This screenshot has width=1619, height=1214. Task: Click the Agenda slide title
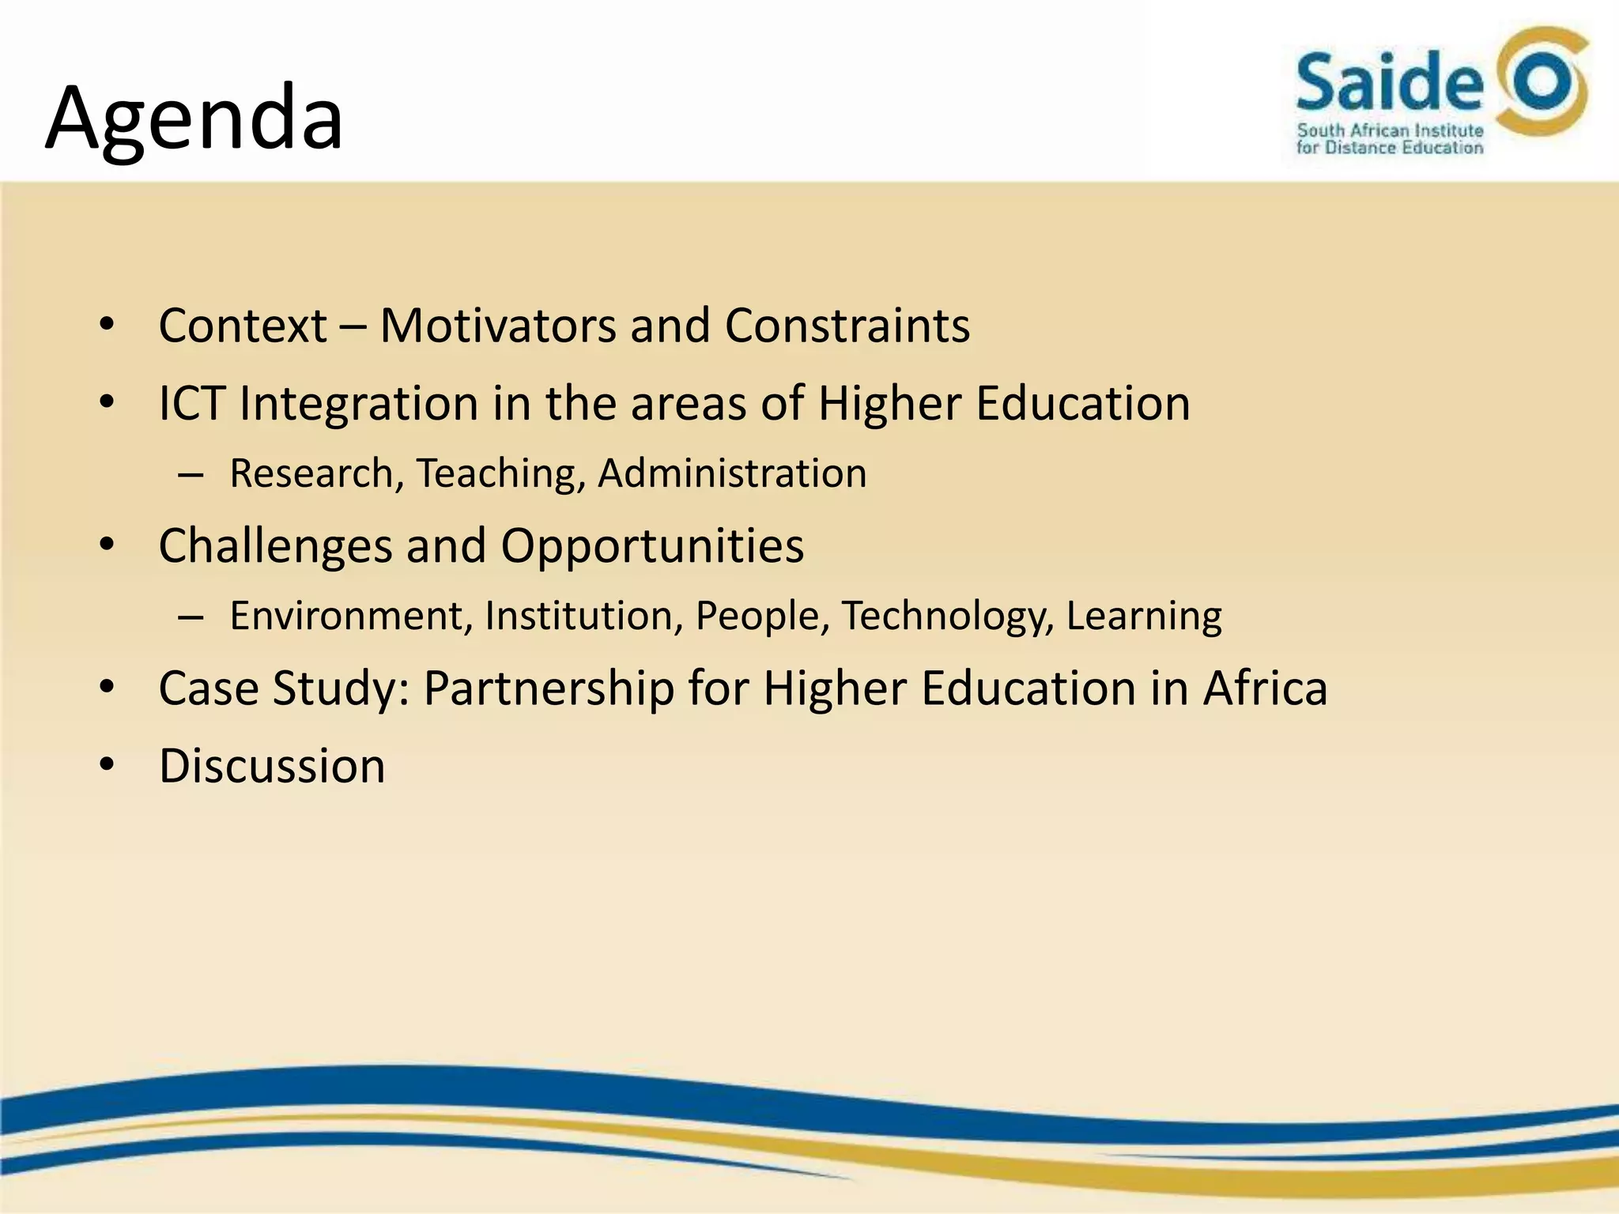click(x=194, y=119)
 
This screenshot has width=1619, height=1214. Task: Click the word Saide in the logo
click(x=1389, y=82)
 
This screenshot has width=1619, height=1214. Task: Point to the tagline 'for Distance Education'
click(x=1389, y=148)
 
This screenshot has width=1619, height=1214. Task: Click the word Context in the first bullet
click(x=243, y=326)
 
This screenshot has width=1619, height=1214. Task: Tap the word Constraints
click(x=847, y=326)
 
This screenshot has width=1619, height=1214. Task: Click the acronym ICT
click(x=192, y=403)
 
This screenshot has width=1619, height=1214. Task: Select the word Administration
click(x=732, y=473)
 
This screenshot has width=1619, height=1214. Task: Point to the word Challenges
click(x=276, y=546)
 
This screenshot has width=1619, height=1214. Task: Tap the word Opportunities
click(x=652, y=546)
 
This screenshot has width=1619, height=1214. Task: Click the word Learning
click(x=1144, y=616)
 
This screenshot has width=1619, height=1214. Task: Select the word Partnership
click(x=549, y=688)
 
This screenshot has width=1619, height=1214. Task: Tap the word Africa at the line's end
click(x=1265, y=688)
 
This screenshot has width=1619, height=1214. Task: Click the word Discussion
click(x=272, y=766)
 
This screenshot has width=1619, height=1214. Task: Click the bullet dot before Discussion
click(x=108, y=765)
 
